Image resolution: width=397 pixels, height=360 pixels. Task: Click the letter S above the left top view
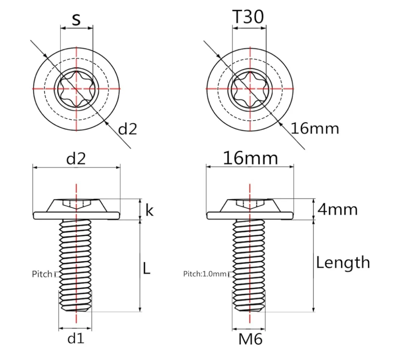pos(76,19)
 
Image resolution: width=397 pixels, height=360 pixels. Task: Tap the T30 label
pos(248,17)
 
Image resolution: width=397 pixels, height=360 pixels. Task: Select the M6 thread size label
pos(250,339)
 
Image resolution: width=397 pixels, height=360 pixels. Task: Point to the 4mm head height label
pos(338,210)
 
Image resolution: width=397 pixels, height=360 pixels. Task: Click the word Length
pos(343,263)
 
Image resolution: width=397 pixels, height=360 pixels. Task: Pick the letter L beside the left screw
pos(147,268)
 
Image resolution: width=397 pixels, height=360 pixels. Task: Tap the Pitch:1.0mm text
pos(205,274)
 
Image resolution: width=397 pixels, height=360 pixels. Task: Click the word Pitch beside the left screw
pos(42,274)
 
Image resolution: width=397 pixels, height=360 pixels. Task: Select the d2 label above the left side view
pos(76,159)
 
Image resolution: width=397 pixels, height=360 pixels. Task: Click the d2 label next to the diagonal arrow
pos(128,129)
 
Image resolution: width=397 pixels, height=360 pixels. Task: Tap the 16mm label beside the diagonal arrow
pos(315,128)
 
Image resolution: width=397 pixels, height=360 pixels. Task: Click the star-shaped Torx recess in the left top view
pos(77,89)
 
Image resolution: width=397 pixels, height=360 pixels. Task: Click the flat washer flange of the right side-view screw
pos(250,215)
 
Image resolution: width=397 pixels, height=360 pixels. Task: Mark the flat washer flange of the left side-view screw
pos(76,215)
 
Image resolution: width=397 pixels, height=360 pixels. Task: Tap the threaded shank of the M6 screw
pos(249,265)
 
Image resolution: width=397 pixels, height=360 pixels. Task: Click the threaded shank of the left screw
pos(75,265)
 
